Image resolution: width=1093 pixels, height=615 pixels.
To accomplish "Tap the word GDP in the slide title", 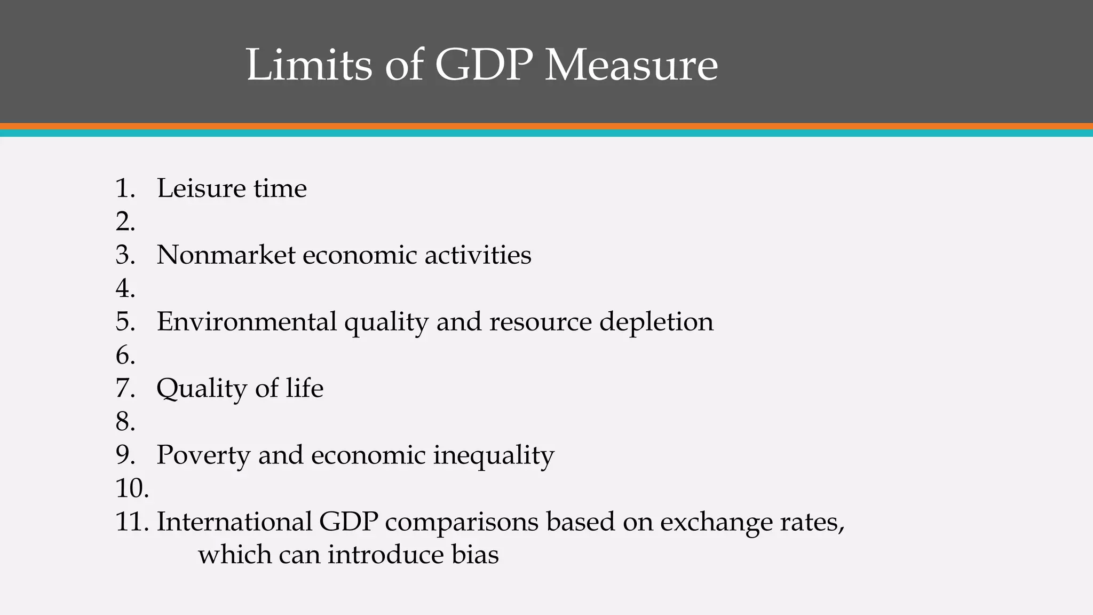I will tap(484, 65).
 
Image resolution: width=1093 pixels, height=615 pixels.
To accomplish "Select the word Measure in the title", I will tap(631, 65).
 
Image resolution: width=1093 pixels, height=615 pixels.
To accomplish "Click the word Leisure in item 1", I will tap(201, 188).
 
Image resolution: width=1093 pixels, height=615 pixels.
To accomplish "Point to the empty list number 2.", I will tap(125, 222).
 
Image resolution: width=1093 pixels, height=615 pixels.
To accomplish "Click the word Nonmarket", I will tap(226, 255).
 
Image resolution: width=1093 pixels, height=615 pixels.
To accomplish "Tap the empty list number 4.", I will tap(125, 288).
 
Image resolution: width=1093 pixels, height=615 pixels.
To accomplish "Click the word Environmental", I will tap(247, 321).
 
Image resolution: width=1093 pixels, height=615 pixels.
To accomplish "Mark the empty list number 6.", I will tap(125, 355).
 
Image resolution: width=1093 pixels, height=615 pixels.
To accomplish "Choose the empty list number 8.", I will tap(125, 422).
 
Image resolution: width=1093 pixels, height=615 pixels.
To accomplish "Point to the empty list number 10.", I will tap(132, 488).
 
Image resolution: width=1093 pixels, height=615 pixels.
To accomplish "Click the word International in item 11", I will tap(234, 522).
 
